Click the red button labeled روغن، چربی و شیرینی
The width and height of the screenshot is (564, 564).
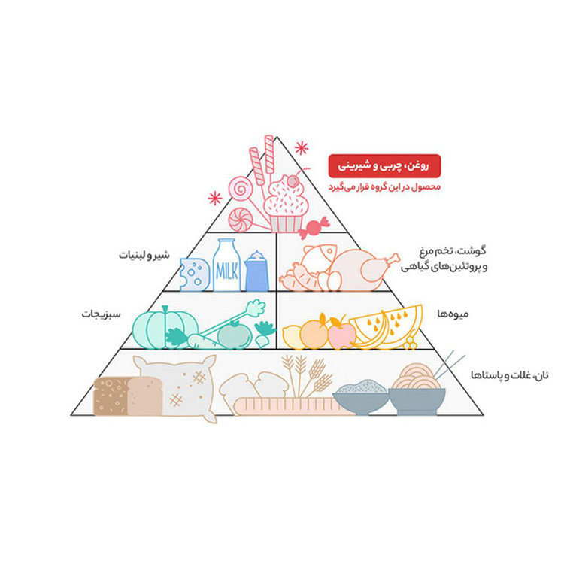(384, 166)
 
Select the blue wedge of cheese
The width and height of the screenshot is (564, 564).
(194, 274)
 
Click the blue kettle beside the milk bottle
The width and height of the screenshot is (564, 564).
(257, 271)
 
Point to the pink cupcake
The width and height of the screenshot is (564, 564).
(286, 207)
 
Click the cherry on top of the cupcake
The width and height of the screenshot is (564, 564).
(293, 181)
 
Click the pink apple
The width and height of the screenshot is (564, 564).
(341, 333)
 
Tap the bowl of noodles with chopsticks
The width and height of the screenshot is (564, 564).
(417, 390)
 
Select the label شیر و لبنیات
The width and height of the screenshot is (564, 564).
(144, 256)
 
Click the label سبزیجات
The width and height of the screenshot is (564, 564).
(101, 314)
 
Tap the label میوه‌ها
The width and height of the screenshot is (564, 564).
(453, 314)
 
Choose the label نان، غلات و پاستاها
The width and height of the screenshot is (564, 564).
(510, 375)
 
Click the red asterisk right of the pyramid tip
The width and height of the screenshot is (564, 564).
(302, 148)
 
